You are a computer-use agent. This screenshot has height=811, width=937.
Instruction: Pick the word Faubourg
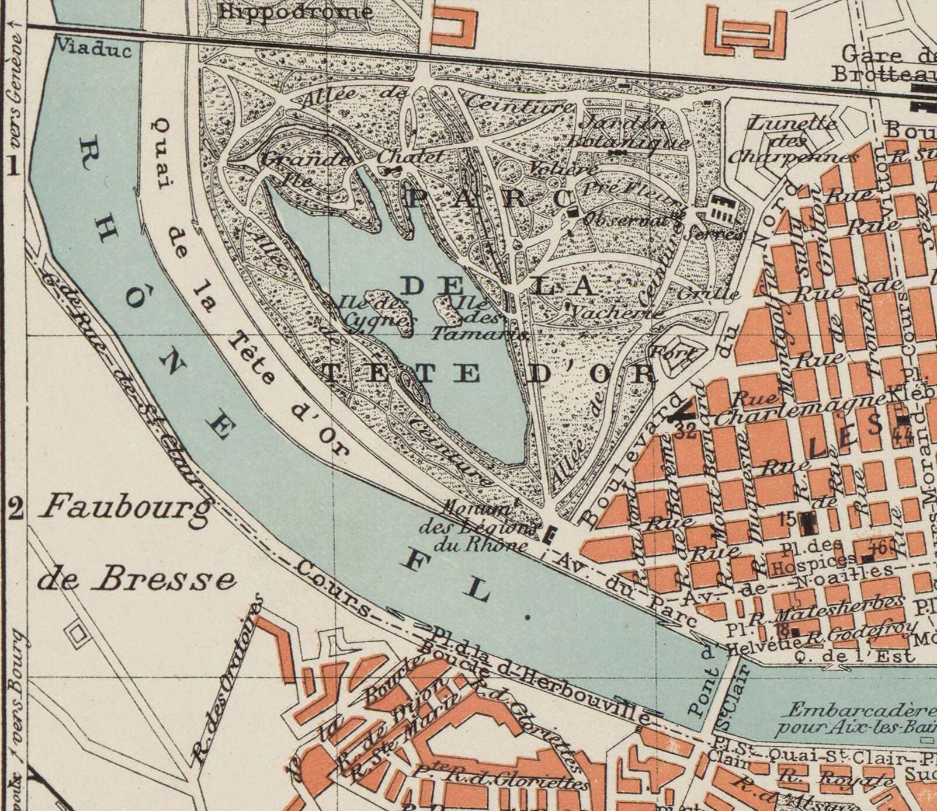pos(125,507)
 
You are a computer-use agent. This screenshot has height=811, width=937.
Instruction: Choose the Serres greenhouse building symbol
pos(723,209)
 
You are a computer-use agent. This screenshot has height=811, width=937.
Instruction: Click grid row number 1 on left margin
pos(13,168)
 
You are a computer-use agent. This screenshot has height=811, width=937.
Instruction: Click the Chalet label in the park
pos(409,157)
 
